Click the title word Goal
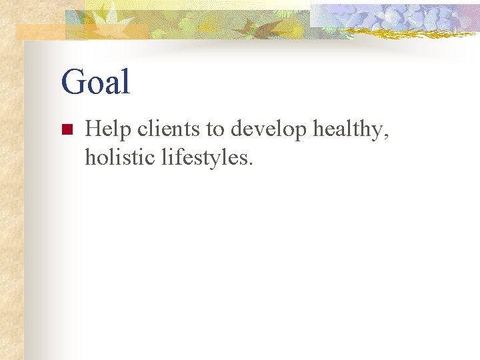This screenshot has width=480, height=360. click(x=95, y=82)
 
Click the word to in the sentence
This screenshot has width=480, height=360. click(x=215, y=129)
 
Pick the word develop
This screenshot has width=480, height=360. click(x=269, y=131)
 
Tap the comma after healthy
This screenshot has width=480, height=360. click(x=386, y=137)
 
